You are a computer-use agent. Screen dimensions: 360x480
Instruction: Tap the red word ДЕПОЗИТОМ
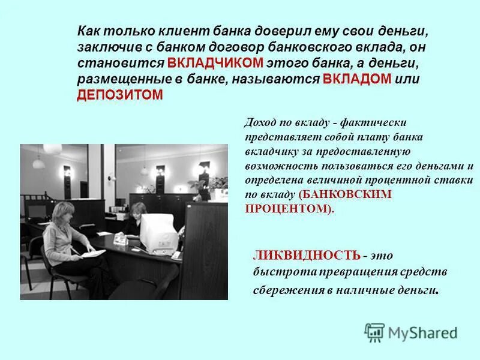point(120,95)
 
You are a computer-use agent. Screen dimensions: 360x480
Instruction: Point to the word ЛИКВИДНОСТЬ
point(307,256)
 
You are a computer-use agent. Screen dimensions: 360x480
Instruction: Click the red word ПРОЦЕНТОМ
point(287,208)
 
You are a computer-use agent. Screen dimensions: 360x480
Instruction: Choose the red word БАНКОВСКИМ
point(346,194)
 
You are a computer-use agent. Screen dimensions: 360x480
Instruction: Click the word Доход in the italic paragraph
point(260,123)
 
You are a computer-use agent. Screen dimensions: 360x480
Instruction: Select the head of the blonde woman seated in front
point(63,213)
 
